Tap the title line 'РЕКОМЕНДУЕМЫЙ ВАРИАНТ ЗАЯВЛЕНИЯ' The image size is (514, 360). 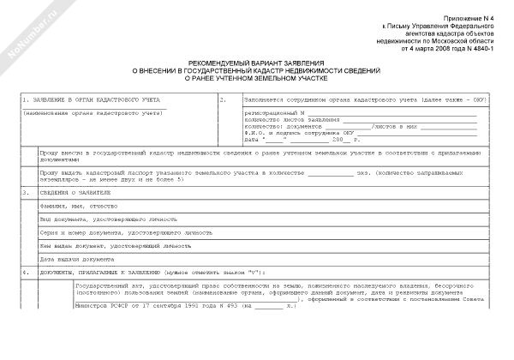point(256,63)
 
